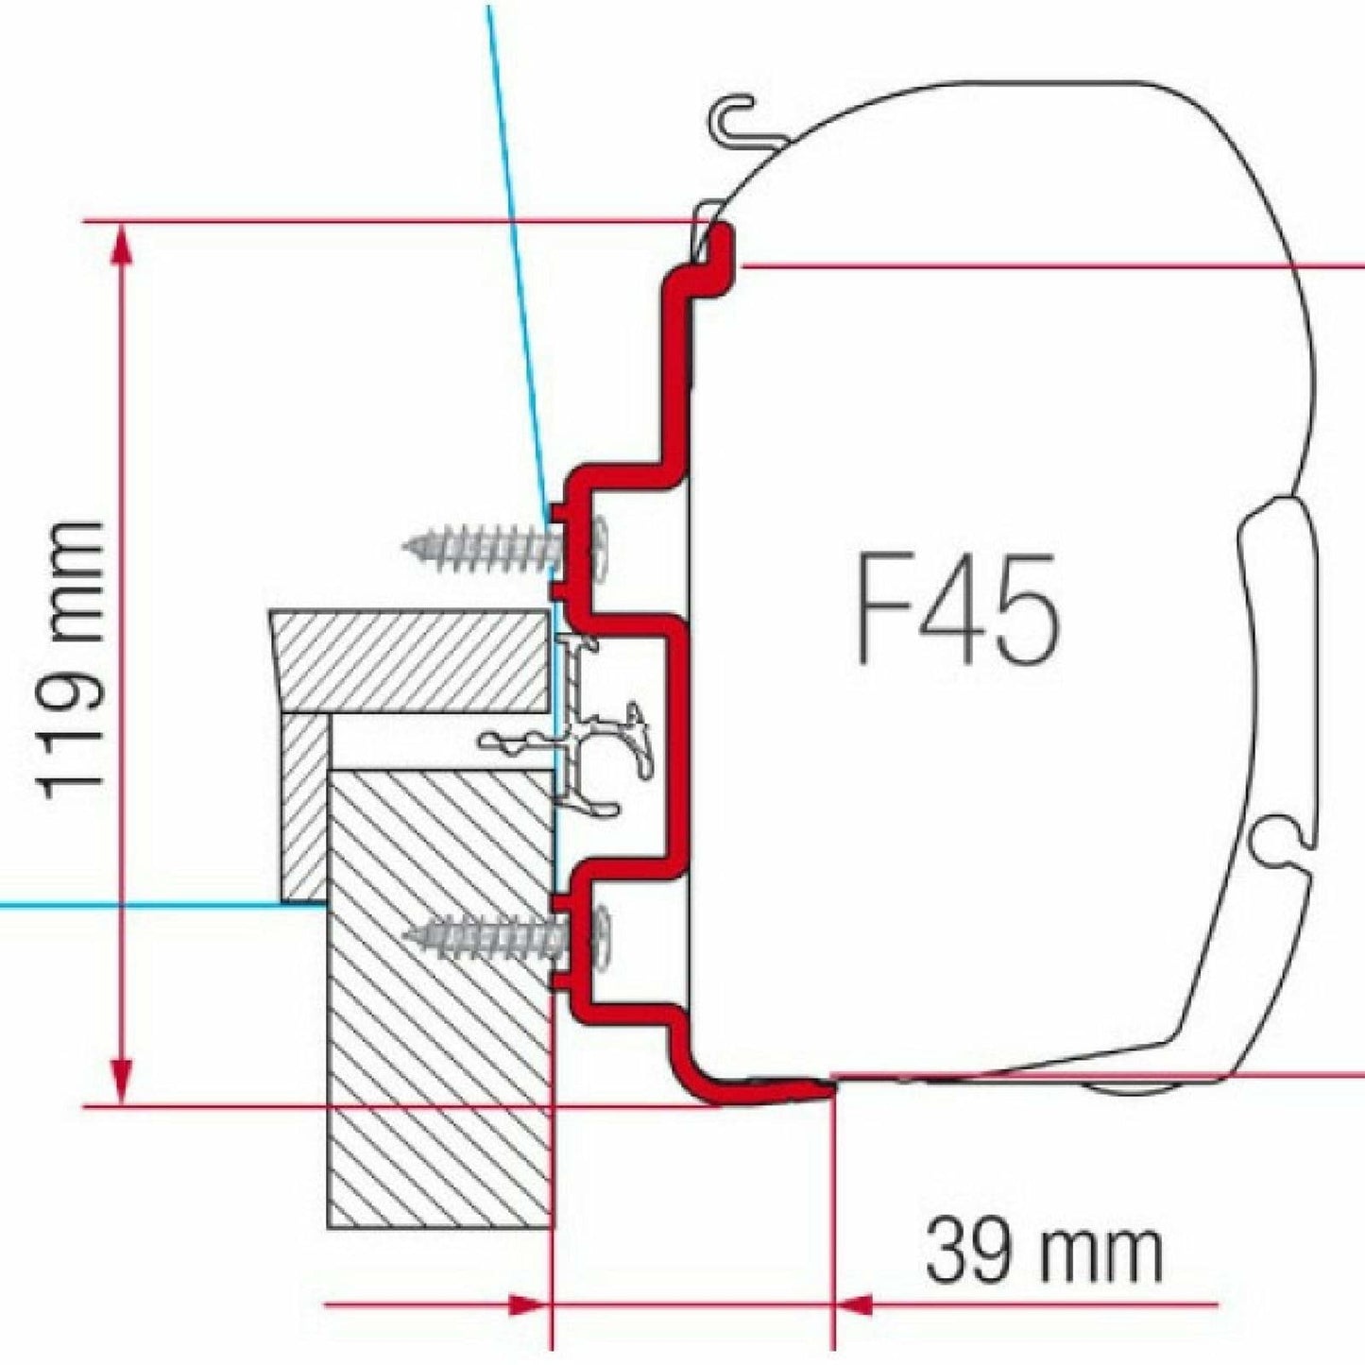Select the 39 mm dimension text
[1043, 1250]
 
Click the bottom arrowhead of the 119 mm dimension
[121, 1082]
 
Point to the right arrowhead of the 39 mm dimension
[855, 1306]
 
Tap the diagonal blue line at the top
[516, 246]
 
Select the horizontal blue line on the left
[142, 905]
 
